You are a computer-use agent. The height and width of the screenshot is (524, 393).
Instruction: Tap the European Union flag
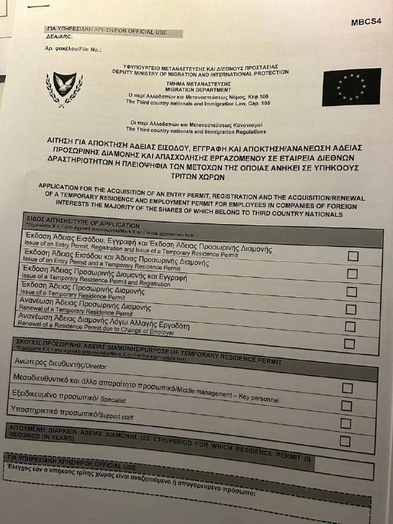coord(351,87)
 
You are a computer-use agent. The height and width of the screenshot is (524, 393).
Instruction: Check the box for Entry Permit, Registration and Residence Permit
coord(352,256)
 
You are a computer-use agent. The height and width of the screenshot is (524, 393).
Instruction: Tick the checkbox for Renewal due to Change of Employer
coord(349,343)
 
